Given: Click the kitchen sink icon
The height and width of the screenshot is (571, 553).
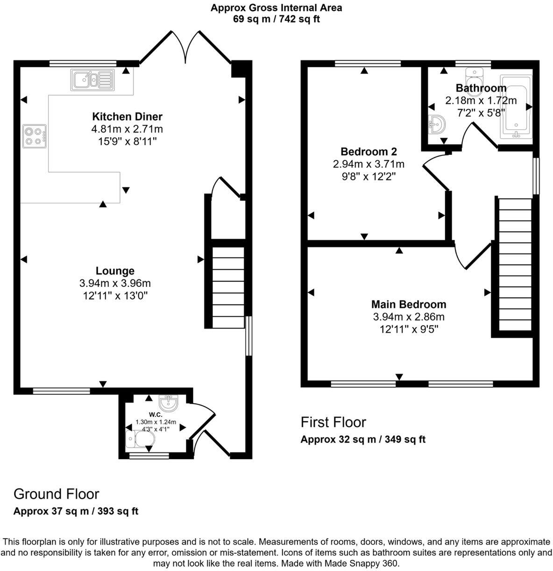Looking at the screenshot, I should tap(92, 80).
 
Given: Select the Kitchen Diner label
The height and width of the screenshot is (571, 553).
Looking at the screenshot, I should tap(127, 117).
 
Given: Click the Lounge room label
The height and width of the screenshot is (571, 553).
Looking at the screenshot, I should tap(115, 271).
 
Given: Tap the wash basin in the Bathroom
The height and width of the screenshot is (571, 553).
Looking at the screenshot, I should tap(437, 125).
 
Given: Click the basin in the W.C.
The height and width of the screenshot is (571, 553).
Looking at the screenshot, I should tap(168, 403).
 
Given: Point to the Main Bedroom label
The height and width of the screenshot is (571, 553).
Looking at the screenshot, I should tap(409, 305).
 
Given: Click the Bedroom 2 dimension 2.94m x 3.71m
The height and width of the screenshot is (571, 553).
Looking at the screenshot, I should tap(369, 164).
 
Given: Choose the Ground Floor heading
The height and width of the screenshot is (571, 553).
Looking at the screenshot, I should tap(57, 494).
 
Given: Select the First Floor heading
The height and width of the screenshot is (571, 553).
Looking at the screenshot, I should tap(333, 422).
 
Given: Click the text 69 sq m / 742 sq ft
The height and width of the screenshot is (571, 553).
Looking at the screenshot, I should tap(276, 19).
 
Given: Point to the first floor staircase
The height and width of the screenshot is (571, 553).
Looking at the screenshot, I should tap(516, 264).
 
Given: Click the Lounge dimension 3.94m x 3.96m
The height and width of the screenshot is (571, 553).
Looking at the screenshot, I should tap(115, 283).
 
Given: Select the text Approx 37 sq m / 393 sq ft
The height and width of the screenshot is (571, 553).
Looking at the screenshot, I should tap(76, 511).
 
